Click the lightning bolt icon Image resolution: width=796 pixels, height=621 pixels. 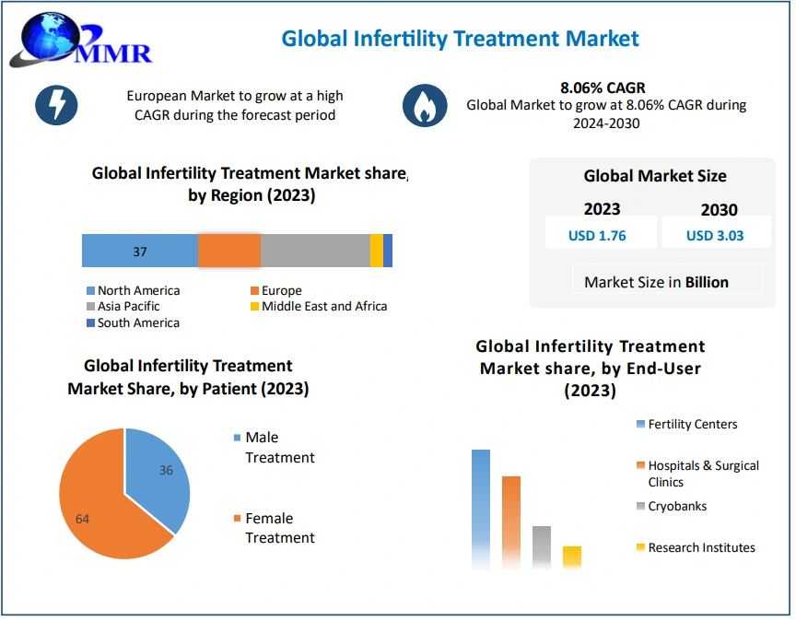56,106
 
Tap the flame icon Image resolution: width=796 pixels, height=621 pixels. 425,106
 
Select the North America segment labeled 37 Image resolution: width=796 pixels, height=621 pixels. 140,251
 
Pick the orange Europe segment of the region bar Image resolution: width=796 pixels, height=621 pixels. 229,251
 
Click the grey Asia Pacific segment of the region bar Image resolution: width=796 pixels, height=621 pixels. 315,251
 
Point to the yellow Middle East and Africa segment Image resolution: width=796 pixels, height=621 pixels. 377,251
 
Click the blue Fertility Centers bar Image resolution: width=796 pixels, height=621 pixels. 481,507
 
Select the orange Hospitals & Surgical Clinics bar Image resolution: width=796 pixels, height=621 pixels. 511,521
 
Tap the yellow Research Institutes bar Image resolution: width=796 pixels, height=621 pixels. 572,557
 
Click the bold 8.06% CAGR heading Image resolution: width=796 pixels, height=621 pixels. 603,88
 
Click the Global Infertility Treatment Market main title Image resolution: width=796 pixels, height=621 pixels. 460,39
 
